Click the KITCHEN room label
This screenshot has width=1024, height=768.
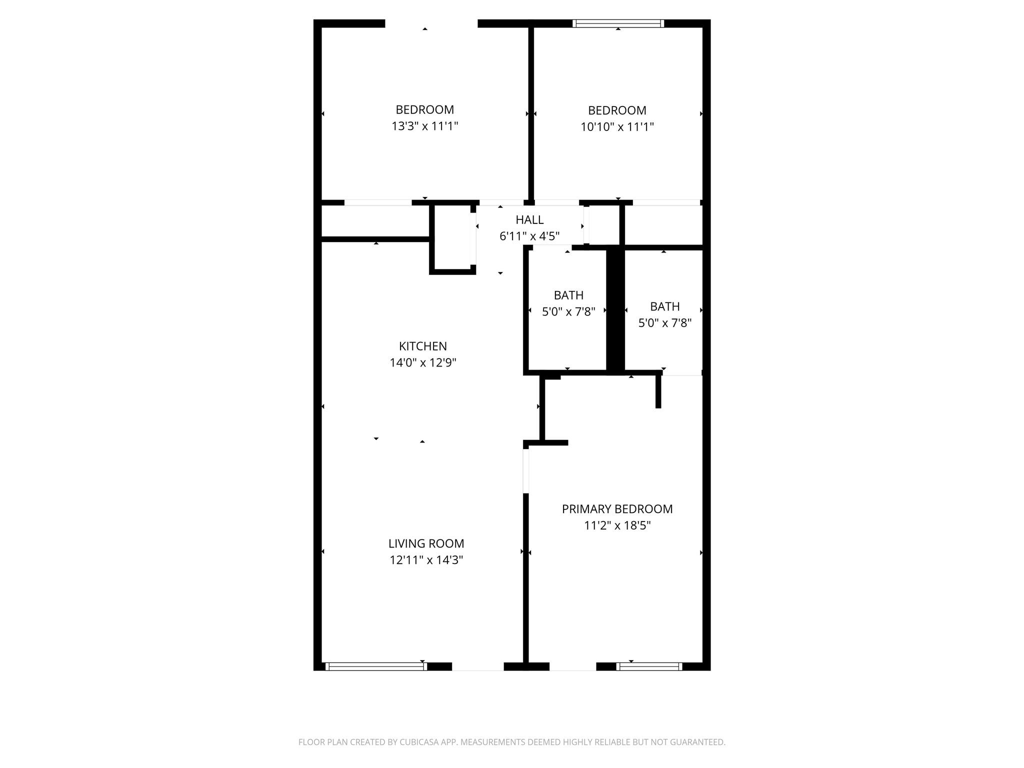pos(423,346)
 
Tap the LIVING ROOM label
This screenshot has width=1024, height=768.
pos(426,543)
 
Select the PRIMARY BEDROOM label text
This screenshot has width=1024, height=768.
pos(617,509)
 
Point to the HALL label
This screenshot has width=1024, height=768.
pos(529,219)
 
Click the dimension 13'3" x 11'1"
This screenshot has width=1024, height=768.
pos(425,126)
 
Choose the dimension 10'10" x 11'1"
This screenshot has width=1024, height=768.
pos(617,127)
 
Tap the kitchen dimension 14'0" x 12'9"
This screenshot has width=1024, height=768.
pos(423,362)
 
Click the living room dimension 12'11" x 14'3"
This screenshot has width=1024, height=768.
pos(426,560)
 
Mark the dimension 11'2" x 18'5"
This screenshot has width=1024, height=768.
pos(617,525)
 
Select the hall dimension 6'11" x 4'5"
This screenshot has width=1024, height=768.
pos(529,236)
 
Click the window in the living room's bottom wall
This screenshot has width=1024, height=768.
pos(376,666)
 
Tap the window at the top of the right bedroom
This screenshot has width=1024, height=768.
pos(618,23)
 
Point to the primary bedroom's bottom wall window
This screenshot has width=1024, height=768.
pos(649,666)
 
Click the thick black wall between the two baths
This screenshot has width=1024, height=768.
pos(615,310)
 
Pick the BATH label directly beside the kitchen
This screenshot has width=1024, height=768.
pos(568,295)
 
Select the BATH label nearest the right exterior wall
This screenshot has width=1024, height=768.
pos(665,306)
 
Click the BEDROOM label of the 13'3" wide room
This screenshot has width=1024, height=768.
pos(425,109)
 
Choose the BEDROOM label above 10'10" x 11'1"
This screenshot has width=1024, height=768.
pos(617,110)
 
